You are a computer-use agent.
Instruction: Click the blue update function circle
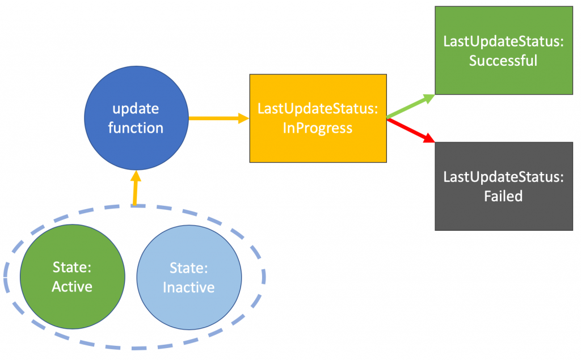click(x=136, y=118)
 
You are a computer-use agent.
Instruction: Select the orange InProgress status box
click(x=318, y=118)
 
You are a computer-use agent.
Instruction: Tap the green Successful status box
click(x=503, y=50)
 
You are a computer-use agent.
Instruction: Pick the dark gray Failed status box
click(x=503, y=186)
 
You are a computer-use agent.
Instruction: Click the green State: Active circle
click(x=72, y=277)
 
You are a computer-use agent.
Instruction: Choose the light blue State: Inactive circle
click(x=188, y=277)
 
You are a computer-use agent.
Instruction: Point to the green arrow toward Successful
click(x=411, y=106)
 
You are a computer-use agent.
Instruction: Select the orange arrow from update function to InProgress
click(x=218, y=118)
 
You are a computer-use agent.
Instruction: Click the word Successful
click(x=503, y=60)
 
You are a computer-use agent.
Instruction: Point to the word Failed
click(x=503, y=197)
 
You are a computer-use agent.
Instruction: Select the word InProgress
click(x=318, y=128)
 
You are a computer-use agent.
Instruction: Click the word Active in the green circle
click(x=72, y=287)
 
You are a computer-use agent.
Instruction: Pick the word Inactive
click(x=188, y=287)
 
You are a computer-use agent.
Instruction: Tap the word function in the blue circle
click(x=136, y=128)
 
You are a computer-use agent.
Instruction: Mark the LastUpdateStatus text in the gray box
click(x=503, y=177)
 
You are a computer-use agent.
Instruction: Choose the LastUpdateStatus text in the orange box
click(x=318, y=109)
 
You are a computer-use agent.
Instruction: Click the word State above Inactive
click(x=188, y=267)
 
